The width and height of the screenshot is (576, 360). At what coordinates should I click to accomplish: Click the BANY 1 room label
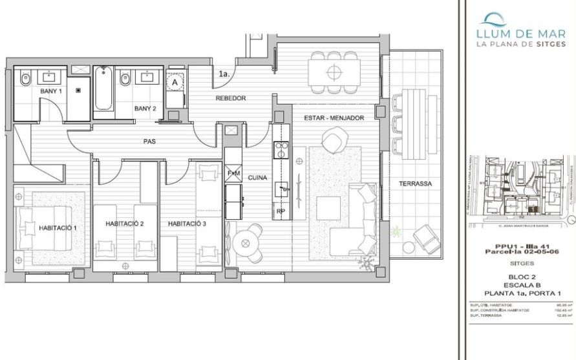[x=50, y=92]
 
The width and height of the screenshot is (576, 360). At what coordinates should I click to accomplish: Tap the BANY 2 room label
[x=145, y=108]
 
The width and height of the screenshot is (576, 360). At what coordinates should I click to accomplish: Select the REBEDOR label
[x=231, y=98]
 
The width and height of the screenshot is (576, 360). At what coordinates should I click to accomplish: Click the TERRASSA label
[x=416, y=184]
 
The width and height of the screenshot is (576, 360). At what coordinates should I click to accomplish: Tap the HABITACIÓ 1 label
[x=58, y=228]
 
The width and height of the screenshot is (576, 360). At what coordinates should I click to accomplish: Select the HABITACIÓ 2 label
[x=124, y=224]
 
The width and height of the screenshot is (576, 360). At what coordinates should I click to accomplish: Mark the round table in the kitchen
[x=245, y=242]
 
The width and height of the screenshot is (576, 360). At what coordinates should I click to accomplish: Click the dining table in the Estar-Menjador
[x=333, y=71]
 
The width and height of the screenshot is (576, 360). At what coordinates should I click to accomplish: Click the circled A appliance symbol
[x=174, y=83]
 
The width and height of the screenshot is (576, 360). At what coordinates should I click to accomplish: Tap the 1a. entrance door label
[x=224, y=74]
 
